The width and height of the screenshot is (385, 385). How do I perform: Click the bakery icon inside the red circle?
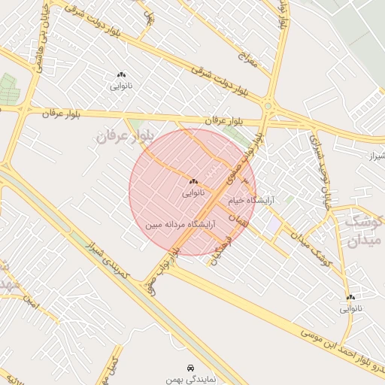pyautogui.click(x=193, y=181)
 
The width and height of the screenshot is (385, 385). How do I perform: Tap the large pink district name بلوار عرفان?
pyautogui.click(x=123, y=136)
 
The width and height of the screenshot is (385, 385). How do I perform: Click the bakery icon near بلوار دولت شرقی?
pyautogui.click(x=121, y=74)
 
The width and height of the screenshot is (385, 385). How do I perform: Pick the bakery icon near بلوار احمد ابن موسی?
pyautogui.click(x=350, y=297)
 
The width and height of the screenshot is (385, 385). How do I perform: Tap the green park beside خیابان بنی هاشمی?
pyautogui.click(x=8, y=89)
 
